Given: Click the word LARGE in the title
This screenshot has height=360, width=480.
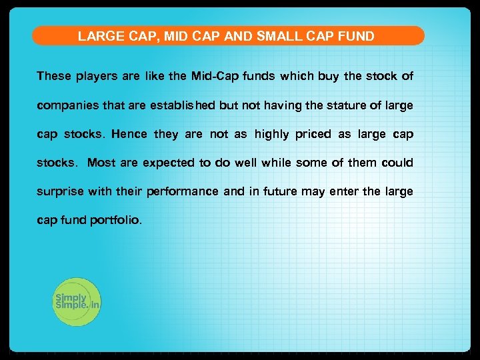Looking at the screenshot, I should [x=97, y=36].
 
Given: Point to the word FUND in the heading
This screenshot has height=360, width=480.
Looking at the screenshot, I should [x=357, y=36].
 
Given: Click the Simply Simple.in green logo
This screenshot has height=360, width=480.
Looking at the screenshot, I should [x=77, y=302].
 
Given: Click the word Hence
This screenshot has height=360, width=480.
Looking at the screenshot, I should [x=129, y=134].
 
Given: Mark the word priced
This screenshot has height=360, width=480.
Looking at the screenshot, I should [x=313, y=135].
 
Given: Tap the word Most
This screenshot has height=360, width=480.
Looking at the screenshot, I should [x=101, y=163].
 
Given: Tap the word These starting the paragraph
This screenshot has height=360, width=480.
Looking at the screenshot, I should [x=54, y=76].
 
